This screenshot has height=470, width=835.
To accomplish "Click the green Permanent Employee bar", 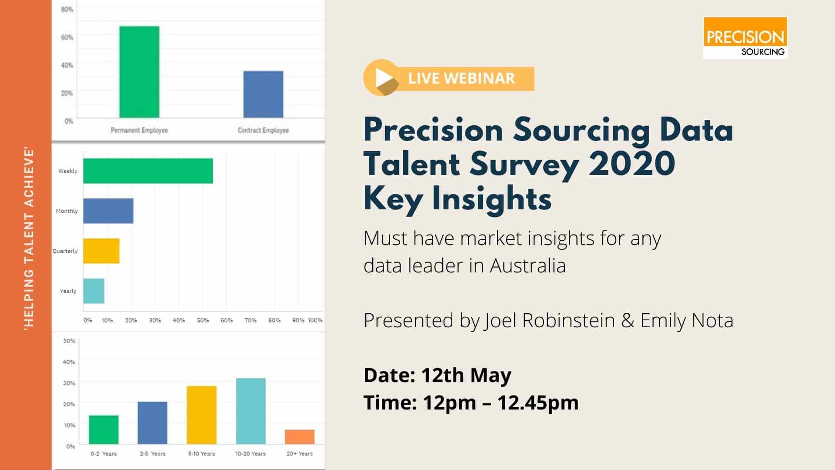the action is [139, 72].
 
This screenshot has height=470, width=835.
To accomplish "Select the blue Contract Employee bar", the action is [263, 94].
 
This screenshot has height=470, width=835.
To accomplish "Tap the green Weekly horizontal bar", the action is [148, 171].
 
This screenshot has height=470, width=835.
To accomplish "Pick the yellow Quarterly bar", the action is [101, 251].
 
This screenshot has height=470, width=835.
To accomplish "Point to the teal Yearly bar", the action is [94, 291].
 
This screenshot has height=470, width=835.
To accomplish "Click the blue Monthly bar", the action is [108, 211].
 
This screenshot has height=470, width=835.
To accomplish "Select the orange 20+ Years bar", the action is [300, 437].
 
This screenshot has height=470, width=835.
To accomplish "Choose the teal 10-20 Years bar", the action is [251, 411].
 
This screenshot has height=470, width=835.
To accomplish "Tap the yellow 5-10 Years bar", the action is [202, 415].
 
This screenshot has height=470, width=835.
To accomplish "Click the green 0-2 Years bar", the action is [104, 430].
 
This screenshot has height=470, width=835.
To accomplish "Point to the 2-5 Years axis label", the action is [153, 453].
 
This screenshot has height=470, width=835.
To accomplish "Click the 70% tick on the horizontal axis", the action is [250, 320].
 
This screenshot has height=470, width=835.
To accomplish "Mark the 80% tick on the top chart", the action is [67, 9].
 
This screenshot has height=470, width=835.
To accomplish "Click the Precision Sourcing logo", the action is [745, 38].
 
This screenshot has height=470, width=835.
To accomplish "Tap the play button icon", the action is [382, 78].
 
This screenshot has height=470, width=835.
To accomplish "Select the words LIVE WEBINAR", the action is [461, 78].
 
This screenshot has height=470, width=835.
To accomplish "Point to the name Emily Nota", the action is [687, 320].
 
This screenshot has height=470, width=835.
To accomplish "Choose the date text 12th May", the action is [466, 375].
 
